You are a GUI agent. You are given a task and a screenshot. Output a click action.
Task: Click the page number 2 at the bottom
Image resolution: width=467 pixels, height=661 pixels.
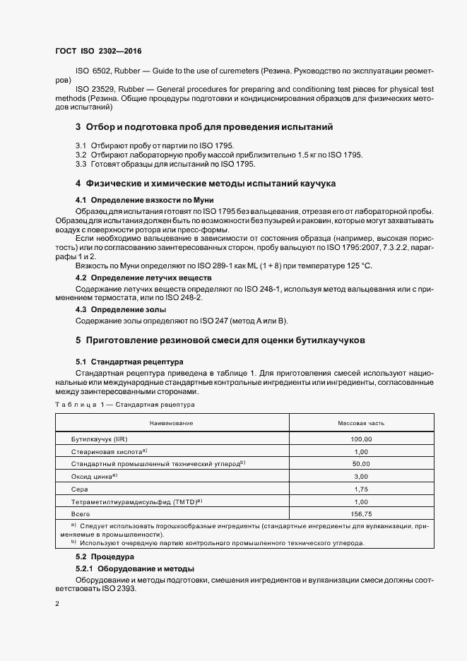(x=57, y=605)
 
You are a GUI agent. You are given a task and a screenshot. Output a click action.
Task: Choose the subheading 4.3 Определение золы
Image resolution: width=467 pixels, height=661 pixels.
(x=121, y=309)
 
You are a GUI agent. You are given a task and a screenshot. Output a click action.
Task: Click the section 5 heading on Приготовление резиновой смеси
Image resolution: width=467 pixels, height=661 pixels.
(x=220, y=340)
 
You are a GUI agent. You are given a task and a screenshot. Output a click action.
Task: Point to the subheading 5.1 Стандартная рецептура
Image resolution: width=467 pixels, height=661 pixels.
(x=129, y=360)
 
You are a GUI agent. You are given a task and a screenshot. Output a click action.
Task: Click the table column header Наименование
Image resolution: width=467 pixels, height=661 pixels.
(x=170, y=422)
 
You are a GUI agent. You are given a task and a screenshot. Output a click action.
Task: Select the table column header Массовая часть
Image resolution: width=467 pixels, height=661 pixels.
(x=361, y=422)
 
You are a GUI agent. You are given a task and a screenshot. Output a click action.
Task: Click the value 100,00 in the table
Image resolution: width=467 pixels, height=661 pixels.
(x=361, y=439)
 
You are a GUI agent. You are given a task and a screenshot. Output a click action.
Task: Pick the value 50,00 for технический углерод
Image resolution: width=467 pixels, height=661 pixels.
(x=361, y=463)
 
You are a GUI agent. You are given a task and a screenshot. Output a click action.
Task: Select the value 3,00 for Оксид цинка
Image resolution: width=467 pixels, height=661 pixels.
(x=361, y=476)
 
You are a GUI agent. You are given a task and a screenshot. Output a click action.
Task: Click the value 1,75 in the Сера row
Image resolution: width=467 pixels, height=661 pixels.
(x=361, y=489)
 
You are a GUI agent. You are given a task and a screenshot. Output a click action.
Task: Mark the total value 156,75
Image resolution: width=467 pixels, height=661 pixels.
(x=361, y=513)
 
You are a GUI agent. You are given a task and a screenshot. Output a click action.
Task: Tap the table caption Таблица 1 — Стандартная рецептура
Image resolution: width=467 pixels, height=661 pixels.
(x=124, y=405)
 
